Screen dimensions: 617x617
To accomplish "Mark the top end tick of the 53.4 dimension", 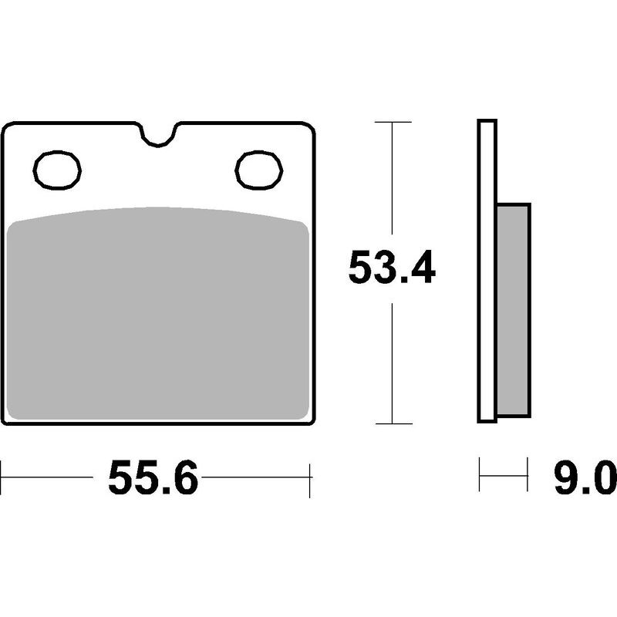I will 393,122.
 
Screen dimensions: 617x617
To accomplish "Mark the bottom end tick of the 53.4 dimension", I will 393,423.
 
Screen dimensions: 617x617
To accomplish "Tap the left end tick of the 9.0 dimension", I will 480,474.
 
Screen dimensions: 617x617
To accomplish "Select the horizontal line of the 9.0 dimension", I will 504,474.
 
